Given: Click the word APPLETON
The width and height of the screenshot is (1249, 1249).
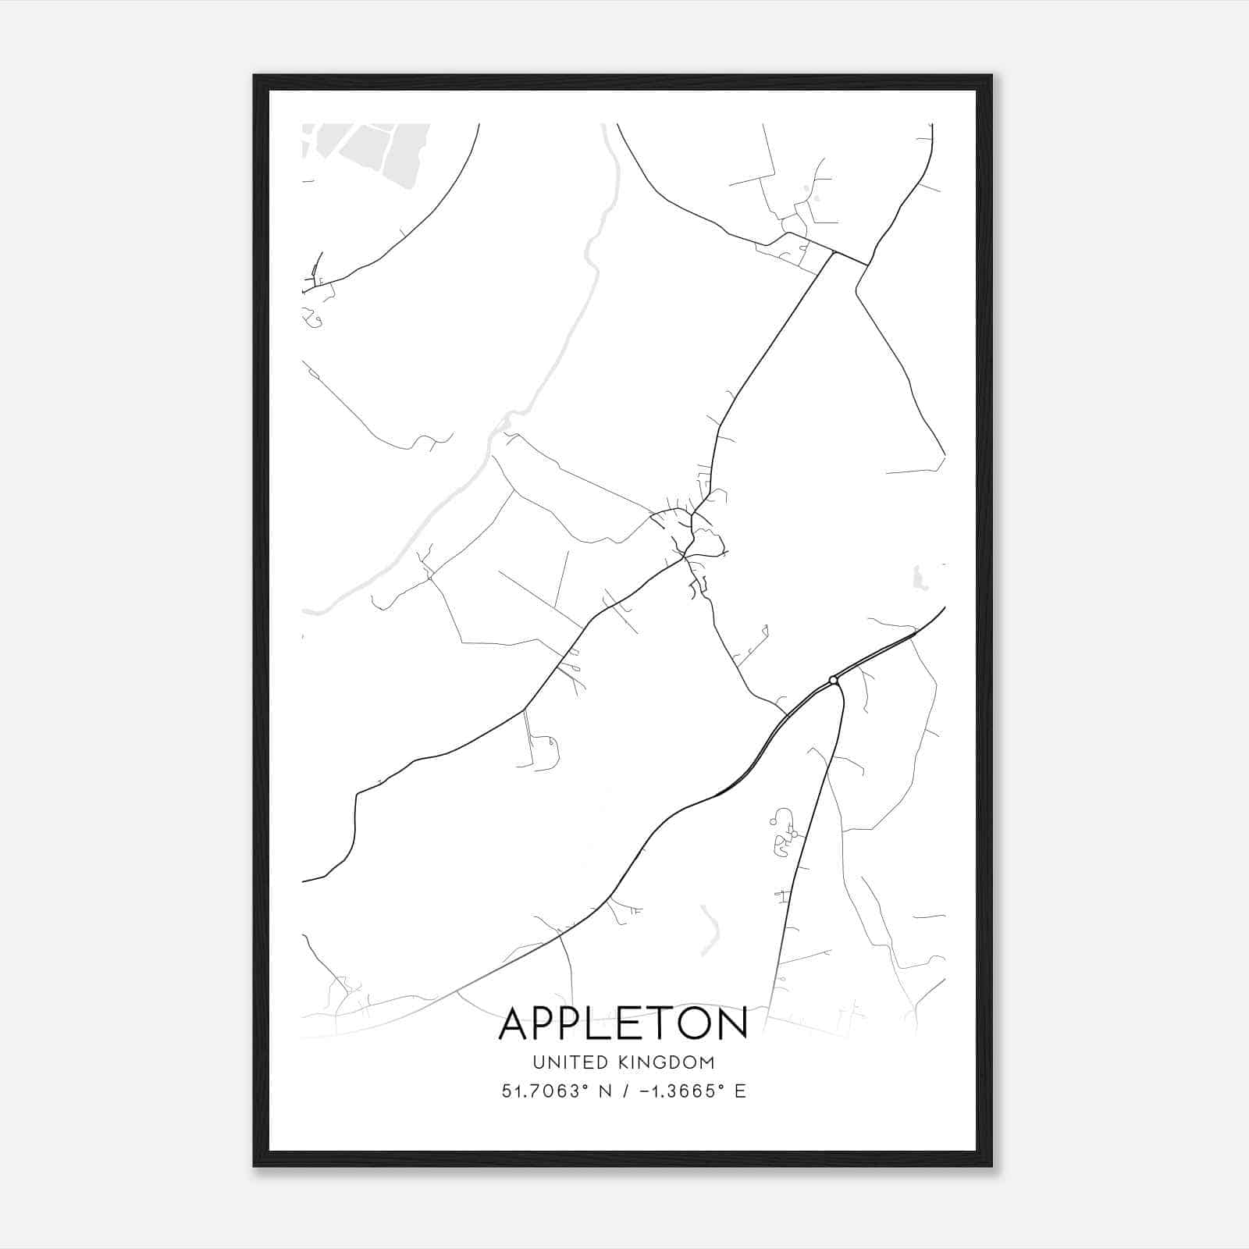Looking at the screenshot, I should point(623,1023).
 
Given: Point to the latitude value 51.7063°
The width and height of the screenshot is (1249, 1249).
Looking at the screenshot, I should point(543,1091).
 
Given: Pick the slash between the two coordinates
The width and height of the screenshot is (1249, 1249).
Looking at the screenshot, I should point(624,1091).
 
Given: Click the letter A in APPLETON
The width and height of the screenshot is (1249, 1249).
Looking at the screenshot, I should point(516,1023).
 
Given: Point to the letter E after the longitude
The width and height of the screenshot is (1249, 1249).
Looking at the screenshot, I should point(740,1091).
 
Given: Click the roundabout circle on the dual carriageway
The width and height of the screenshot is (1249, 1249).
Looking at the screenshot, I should point(834,681).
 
